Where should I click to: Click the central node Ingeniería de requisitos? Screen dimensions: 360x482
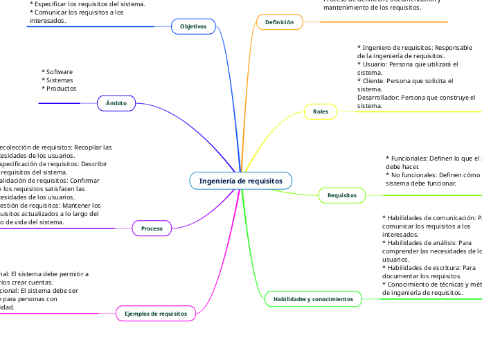point(240,181)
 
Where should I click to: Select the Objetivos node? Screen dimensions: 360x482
point(193,26)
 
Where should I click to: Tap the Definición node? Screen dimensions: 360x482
point(279,22)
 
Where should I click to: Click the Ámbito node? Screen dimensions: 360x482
point(116,103)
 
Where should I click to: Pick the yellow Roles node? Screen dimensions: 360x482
point(321,111)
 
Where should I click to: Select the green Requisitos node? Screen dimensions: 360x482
point(341,196)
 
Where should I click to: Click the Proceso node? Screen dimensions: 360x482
point(152,228)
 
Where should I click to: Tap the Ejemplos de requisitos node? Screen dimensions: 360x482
point(156,314)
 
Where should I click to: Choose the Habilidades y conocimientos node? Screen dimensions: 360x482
point(313,299)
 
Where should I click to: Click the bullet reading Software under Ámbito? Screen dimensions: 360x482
point(60,72)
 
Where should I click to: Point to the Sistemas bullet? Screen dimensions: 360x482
point(60,80)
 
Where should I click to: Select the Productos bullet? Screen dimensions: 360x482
point(61,89)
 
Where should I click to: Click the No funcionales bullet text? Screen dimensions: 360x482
point(416,175)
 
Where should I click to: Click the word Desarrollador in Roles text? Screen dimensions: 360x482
point(378,98)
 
